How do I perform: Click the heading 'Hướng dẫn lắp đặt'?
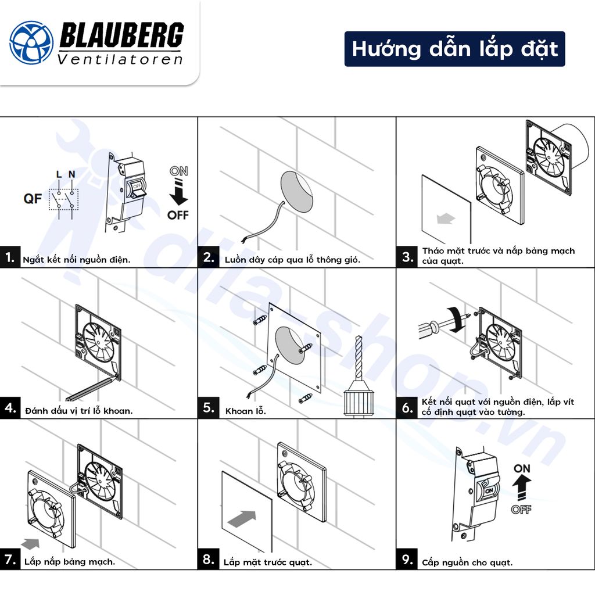point(454,49)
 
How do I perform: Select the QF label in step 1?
point(33,199)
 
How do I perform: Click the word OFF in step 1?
point(178,215)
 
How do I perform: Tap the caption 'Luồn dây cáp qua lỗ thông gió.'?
point(292,260)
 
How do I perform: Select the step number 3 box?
point(407,256)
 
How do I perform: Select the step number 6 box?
point(407,407)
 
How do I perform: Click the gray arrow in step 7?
point(31,543)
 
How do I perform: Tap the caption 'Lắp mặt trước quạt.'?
point(268,562)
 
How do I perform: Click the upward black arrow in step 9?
point(522,485)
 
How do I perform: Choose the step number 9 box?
point(407,560)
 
